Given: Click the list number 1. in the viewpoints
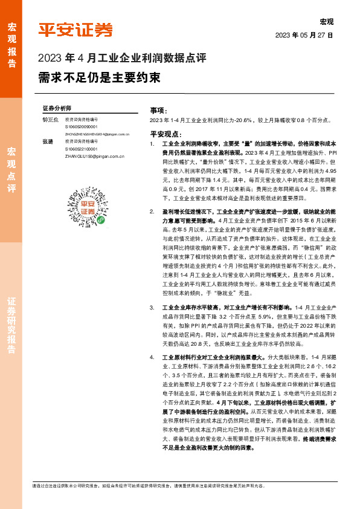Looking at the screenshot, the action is pyautogui.click(x=152, y=146).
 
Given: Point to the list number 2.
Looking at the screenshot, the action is pyautogui.click(x=152, y=213).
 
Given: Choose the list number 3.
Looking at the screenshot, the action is pyautogui.click(x=152, y=308).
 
